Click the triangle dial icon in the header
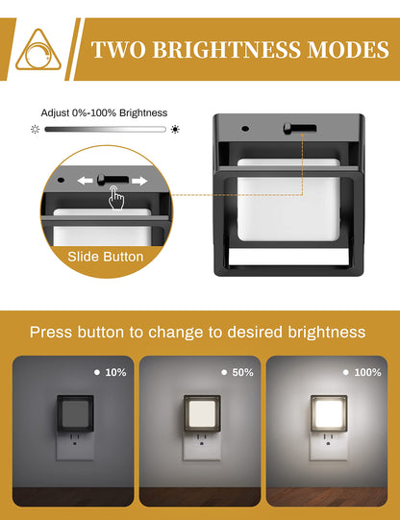38,50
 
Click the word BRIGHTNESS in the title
227,50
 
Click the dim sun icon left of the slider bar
35,129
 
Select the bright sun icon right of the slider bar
175,129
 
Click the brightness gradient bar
105,129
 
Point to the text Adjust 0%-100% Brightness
104,112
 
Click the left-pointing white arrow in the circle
85,181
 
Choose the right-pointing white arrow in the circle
139,181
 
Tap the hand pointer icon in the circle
116,197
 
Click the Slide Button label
106,257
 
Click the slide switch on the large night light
300,129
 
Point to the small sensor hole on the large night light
245,129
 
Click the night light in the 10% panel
75,413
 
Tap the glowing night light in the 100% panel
329,413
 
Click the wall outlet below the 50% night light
202,445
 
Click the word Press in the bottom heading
51,332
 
